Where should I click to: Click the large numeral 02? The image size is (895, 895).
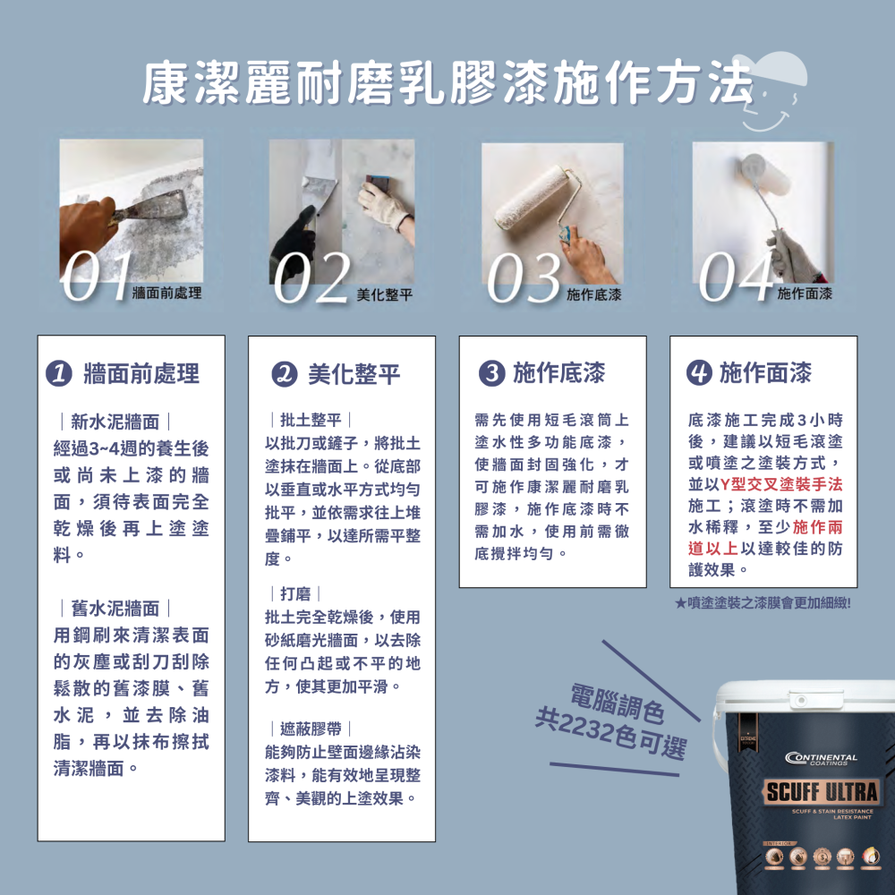point(311,277)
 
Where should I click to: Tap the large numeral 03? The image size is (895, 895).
point(524,277)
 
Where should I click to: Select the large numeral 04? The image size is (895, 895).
point(736,276)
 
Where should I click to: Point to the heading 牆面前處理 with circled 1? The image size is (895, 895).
point(131,374)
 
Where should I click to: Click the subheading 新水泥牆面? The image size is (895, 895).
point(115,422)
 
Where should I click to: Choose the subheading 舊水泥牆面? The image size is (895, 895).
point(115,609)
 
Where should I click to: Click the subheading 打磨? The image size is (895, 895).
point(295,593)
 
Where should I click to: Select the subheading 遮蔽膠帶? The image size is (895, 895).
point(310,729)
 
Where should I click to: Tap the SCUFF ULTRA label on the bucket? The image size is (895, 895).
point(822,792)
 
